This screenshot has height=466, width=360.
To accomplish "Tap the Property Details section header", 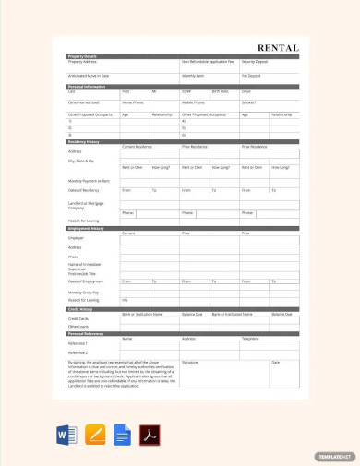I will [x=81, y=56].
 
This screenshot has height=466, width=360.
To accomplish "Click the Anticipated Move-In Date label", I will [x=89, y=75].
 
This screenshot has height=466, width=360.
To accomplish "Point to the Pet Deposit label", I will [x=251, y=75].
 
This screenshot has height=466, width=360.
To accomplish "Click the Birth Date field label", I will [x=220, y=92].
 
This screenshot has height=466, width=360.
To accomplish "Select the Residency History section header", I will [x=83, y=141].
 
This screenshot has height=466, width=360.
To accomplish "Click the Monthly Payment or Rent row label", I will [x=90, y=179].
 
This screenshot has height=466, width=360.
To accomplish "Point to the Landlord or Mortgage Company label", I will [x=83, y=206].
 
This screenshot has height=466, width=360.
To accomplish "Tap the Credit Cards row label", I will [x=78, y=318].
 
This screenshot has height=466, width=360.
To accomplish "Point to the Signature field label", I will [x=190, y=363].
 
